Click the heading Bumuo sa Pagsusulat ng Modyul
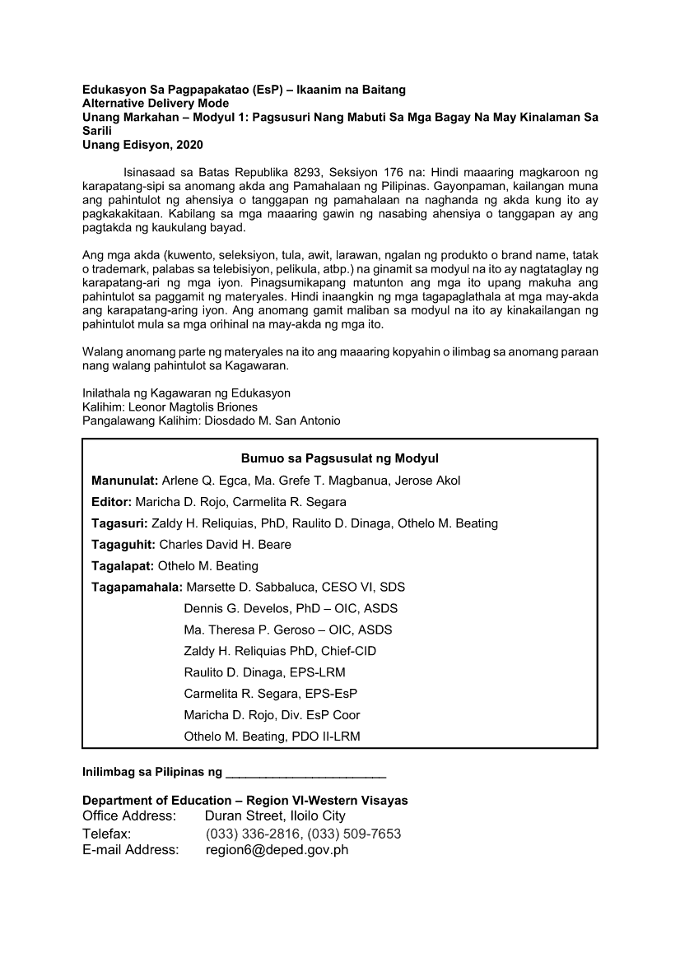click(x=339, y=458)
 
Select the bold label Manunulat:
click(x=125, y=481)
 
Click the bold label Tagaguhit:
click(x=123, y=545)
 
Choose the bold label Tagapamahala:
click(x=137, y=588)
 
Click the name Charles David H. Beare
click(x=225, y=545)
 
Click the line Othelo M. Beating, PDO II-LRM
click(x=272, y=737)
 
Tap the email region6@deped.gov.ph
click(x=277, y=850)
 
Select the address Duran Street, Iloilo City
click(x=275, y=816)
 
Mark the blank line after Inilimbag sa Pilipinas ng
click(x=305, y=774)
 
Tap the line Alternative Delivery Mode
click(x=156, y=104)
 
